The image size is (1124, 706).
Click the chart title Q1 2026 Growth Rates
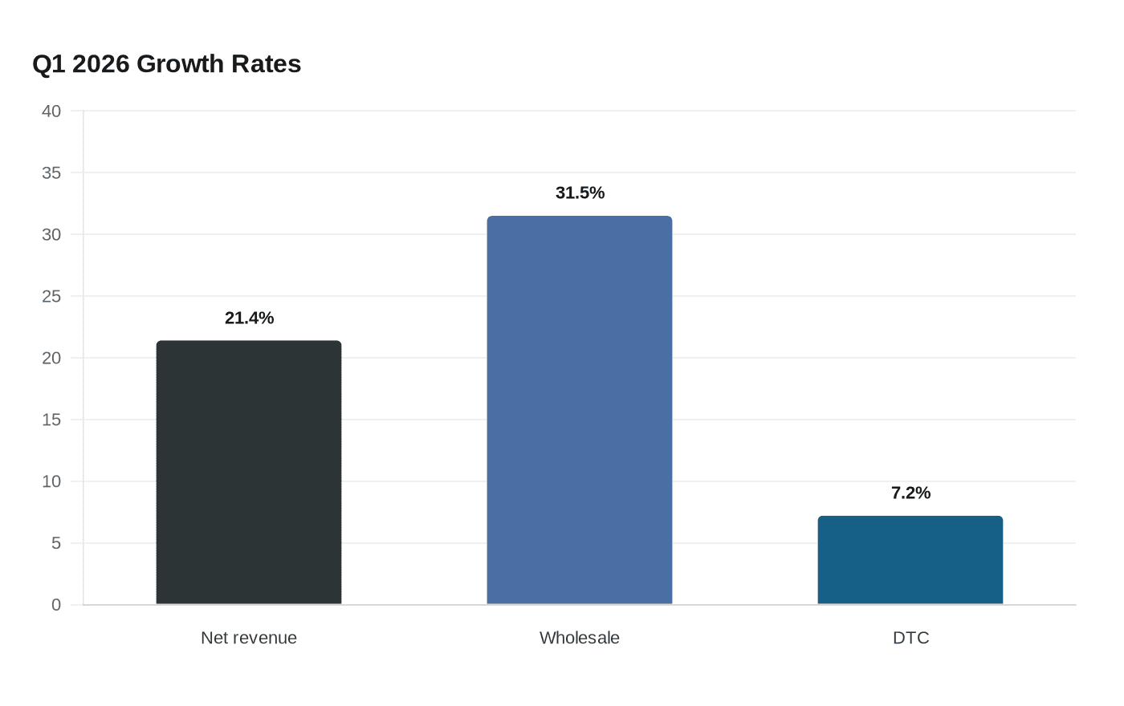point(167,64)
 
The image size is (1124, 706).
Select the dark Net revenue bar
point(249,473)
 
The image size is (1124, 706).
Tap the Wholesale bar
point(580,410)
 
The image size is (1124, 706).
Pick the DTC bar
point(910,560)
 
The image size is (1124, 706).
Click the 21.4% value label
point(250,318)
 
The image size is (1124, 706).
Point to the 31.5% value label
point(580,193)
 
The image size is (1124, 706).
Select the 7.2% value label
point(910,493)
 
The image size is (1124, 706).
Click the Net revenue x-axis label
point(249,638)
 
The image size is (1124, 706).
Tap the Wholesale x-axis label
point(580,638)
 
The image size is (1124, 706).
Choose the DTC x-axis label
point(910,638)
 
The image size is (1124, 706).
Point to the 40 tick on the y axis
point(51,112)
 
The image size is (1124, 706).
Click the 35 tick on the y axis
point(51,173)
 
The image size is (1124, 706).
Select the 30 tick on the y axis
point(51,234)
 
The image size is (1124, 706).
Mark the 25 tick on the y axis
point(51,296)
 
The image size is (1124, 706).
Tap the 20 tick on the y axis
point(51,358)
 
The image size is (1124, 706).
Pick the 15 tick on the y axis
point(51,420)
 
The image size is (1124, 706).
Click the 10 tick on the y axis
point(51,481)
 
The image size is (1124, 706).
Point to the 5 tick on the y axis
point(56,543)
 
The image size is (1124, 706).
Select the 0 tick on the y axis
point(56,605)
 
